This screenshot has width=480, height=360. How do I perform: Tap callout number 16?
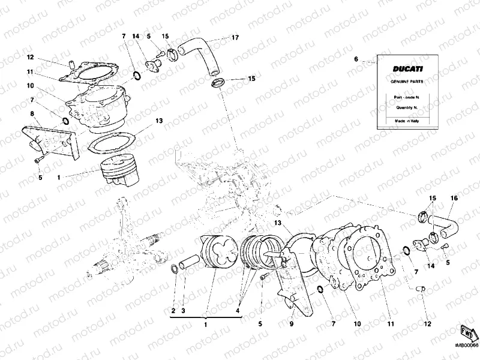454,198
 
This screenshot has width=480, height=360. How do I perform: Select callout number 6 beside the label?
356,59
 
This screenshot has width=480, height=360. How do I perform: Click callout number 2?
173,310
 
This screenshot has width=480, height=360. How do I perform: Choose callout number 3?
184,310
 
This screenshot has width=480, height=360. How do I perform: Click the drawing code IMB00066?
465,344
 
